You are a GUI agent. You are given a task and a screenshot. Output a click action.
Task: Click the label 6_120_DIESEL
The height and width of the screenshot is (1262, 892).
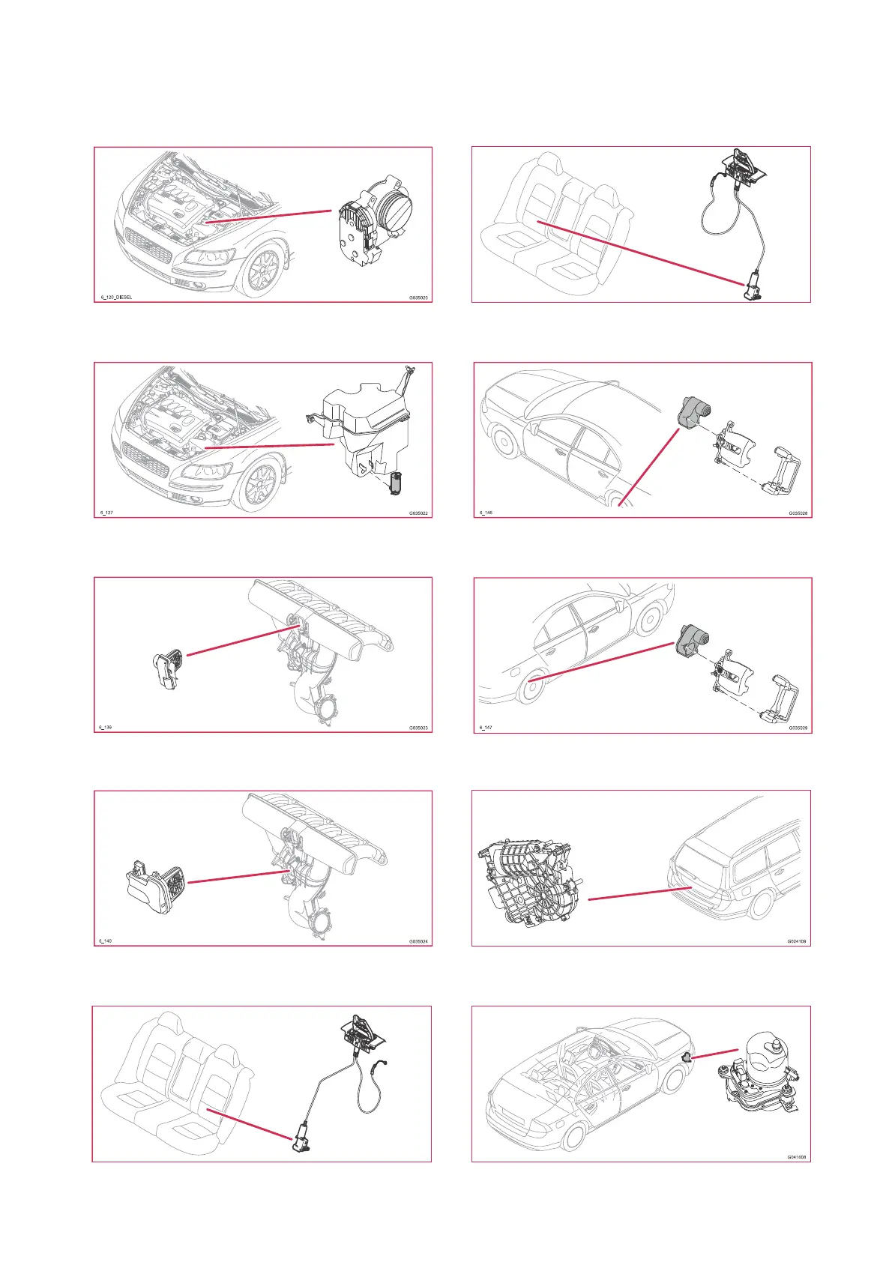coord(116,298)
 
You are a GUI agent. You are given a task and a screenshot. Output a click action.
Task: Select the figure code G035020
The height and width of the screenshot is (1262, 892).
coord(418,298)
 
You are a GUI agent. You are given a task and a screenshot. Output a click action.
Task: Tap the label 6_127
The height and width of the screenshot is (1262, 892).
coord(106,513)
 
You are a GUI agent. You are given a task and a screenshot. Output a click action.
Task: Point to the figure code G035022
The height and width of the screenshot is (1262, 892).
coord(418,513)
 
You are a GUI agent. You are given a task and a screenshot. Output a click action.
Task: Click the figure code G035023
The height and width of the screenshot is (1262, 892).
coord(418,728)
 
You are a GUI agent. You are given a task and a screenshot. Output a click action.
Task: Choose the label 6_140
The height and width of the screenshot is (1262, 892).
coord(106,941)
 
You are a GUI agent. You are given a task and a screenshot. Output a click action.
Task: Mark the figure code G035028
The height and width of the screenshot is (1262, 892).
coord(798,513)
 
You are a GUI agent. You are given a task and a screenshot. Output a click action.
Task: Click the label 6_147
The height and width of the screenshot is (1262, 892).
coord(486,728)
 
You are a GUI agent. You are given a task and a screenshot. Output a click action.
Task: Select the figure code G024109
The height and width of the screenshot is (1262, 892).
coord(797,941)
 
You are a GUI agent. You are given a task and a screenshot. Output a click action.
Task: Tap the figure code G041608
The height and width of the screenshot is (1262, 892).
coord(797,1157)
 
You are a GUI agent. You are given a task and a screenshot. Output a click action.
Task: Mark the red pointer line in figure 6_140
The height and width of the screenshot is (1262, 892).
coord(238,877)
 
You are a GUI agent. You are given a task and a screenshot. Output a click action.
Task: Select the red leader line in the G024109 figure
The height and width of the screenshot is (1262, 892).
coord(639,893)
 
